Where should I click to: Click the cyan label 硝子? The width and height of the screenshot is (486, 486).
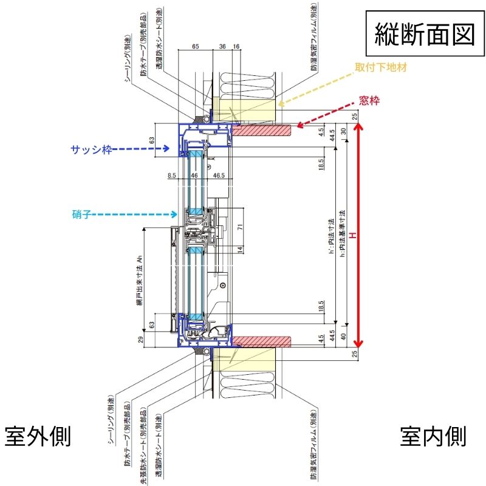click(80, 213)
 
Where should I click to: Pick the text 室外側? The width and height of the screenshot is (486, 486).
click(38, 436)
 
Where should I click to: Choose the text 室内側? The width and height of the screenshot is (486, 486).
click(433, 436)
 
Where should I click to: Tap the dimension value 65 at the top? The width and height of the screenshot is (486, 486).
click(196, 46)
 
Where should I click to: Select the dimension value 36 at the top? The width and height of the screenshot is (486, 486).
click(222, 46)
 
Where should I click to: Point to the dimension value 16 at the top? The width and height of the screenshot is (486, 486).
click(236, 46)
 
